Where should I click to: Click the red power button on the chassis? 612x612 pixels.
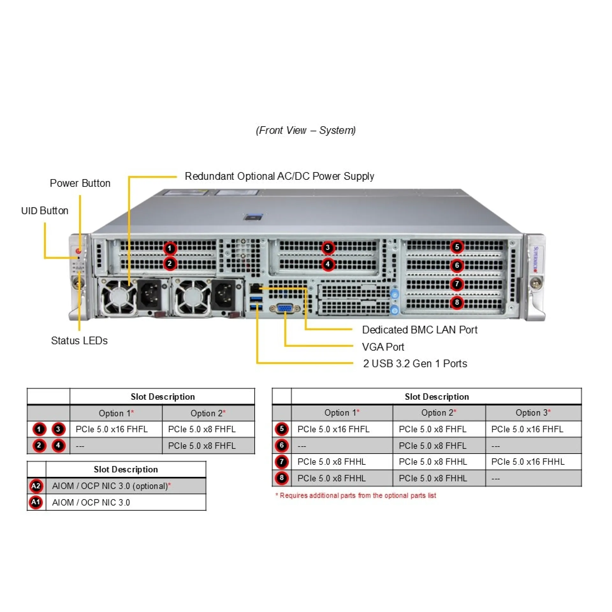(78, 250)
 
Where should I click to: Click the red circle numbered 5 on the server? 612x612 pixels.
(457, 247)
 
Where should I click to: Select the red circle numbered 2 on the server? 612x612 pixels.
(170, 264)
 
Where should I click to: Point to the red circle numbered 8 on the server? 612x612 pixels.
(457, 302)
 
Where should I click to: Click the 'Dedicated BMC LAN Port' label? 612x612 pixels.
(419, 330)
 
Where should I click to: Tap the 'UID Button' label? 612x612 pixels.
(45, 211)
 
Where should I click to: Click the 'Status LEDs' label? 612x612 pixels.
(79, 340)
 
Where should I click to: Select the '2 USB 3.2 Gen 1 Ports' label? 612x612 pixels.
(415, 363)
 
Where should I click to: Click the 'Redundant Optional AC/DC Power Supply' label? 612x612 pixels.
(279, 176)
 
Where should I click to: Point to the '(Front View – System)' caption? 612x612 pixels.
(306, 130)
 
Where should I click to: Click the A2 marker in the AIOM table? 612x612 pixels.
(36, 486)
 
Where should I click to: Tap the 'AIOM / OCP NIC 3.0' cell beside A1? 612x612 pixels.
(91, 502)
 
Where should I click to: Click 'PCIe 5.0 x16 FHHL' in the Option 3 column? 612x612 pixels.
(528, 462)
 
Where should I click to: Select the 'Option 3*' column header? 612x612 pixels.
(533, 413)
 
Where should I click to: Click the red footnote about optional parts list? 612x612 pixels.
(356, 495)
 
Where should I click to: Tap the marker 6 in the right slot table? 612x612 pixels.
(281, 445)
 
